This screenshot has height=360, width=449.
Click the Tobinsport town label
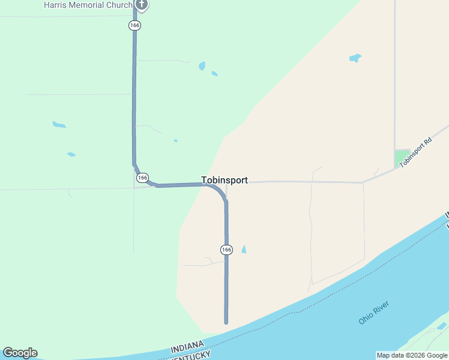[x=224, y=180]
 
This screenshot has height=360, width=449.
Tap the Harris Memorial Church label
[x=88, y=5]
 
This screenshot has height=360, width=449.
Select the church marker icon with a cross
[x=142, y=5]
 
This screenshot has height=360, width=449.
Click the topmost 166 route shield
[x=134, y=25]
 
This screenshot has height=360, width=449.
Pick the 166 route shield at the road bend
[x=142, y=178]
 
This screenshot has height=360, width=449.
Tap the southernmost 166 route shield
[x=226, y=249]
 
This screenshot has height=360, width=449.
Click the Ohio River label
[x=374, y=313]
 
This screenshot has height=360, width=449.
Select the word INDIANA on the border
[x=188, y=346]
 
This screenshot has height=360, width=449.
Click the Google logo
[x=20, y=353]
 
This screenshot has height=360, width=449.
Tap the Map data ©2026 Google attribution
[x=412, y=355]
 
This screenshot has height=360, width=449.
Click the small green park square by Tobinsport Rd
[x=402, y=158]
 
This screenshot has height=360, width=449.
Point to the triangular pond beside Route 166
[x=244, y=249]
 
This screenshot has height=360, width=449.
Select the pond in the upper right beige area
[x=355, y=58]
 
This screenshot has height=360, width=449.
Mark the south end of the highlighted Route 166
[x=226, y=322]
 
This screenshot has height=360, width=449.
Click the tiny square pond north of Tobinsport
[x=175, y=140]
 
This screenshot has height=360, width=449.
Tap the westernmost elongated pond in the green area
[x=59, y=125]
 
